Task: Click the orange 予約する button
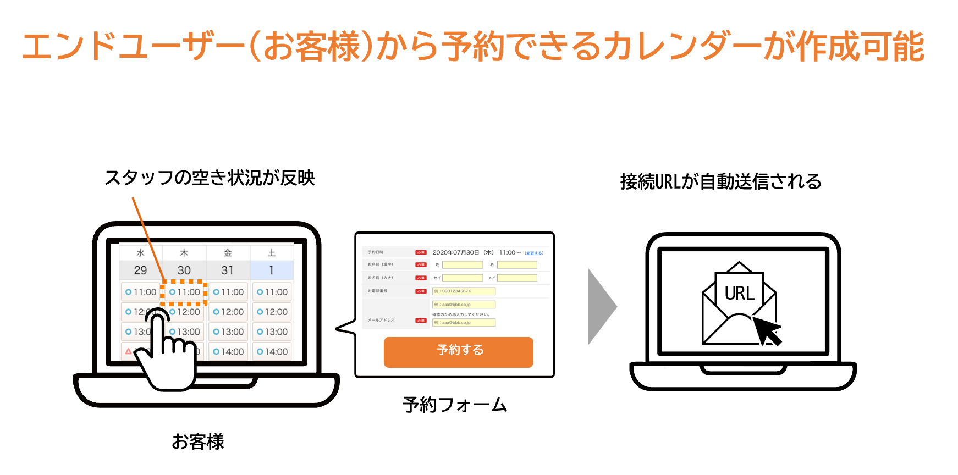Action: [458, 352]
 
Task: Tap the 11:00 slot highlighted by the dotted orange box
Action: [184, 292]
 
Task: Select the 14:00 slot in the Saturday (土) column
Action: [272, 352]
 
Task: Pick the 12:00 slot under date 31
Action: [228, 312]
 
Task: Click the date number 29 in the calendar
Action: [140, 270]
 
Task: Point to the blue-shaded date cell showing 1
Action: [272, 270]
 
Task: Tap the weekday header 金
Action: [228, 253]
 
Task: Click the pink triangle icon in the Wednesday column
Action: [128, 351]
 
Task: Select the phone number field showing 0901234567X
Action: [464, 291]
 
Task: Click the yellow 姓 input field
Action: [463, 265]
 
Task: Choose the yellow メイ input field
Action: [517, 278]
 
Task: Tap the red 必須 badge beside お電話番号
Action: [421, 291]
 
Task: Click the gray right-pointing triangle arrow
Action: [601, 307]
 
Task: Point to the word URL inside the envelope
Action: [740, 294]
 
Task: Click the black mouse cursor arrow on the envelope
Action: [767, 330]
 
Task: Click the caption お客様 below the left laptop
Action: [197, 441]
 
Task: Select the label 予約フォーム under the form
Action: [454, 405]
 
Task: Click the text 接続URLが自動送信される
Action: [720, 181]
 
